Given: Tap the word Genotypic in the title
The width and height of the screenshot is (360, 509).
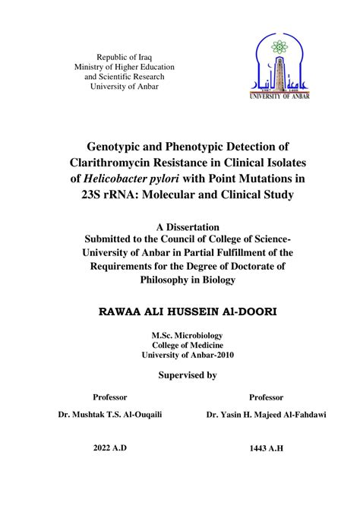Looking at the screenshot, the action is [125, 145].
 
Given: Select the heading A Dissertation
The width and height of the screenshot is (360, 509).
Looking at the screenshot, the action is [187, 226].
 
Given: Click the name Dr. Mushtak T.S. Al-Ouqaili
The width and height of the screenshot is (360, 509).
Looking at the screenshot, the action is [109, 415].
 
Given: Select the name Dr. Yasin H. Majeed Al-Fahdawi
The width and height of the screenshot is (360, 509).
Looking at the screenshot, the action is [265, 415].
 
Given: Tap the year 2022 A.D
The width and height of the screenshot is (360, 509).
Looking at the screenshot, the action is [109, 447].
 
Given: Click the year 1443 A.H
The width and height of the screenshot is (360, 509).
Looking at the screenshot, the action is [265, 448].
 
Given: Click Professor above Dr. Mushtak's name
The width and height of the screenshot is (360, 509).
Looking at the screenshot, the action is [109, 397].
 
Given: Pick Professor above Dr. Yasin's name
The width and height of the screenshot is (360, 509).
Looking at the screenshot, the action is [265, 397].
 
